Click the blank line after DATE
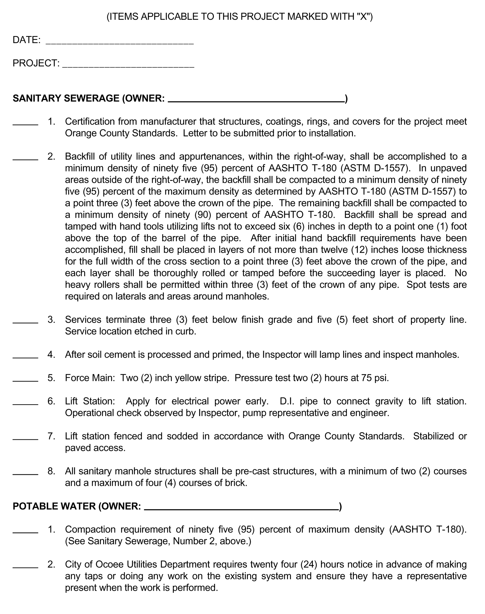click(120, 43)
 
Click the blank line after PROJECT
click(128, 67)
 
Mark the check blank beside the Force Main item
click(25, 380)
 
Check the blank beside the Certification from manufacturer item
click(25, 124)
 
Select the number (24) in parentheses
click(309, 564)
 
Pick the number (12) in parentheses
click(359, 249)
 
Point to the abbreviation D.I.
click(287, 401)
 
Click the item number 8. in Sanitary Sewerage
click(51, 471)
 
